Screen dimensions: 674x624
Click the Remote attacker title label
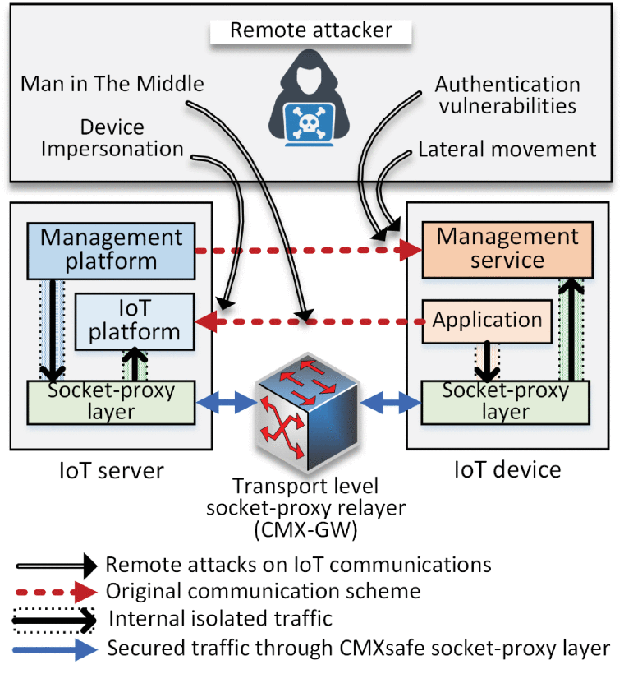[310, 31]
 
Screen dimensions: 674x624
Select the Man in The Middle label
[112, 83]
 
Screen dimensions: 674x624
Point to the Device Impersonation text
[112, 138]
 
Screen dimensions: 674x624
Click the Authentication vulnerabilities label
[507, 95]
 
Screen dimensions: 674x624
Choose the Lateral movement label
[507, 150]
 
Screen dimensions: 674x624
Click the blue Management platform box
[111, 249]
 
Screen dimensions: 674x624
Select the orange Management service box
[507, 248]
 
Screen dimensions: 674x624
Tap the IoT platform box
[135, 321]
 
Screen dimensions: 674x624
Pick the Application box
[487, 321]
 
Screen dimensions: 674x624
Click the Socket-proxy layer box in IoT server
[111, 400]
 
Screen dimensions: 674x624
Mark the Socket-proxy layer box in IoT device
[505, 400]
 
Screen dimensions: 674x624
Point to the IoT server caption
[111, 470]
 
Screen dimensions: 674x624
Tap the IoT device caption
[507, 470]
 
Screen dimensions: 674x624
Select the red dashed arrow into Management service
[304, 250]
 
